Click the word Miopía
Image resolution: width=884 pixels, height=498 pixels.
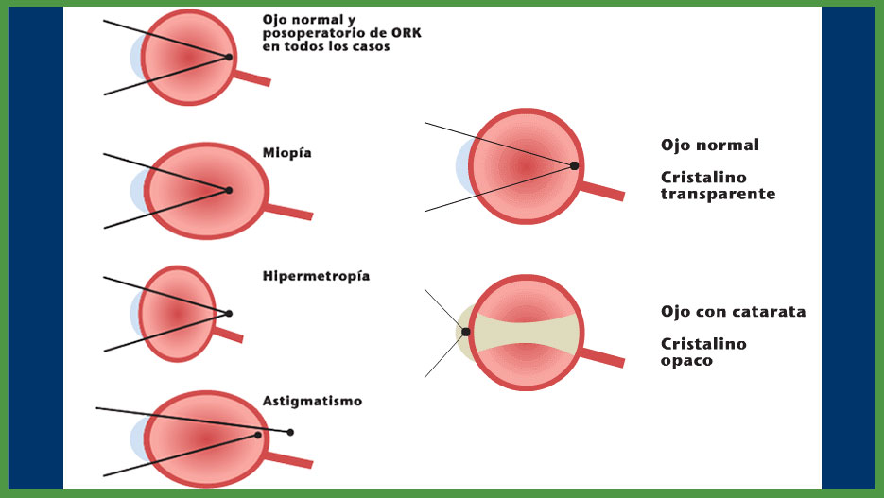click(286, 152)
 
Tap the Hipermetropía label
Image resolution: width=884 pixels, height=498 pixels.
click(316, 276)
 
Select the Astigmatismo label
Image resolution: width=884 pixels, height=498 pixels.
click(312, 401)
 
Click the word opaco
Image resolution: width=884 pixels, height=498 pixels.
click(685, 361)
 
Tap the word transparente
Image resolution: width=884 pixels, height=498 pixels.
click(718, 193)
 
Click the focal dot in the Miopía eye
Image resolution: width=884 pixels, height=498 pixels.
click(229, 190)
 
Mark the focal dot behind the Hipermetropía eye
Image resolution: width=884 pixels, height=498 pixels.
click(229, 313)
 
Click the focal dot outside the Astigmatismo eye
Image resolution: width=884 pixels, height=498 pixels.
click(290, 432)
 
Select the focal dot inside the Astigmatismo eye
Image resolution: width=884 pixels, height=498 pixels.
click(258, 436)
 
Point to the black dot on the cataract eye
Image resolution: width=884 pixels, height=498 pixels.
click(465, 332)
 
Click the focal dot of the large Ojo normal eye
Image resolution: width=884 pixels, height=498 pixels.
click(574, 165)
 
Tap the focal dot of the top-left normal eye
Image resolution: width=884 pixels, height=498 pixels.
click(229, 58)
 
